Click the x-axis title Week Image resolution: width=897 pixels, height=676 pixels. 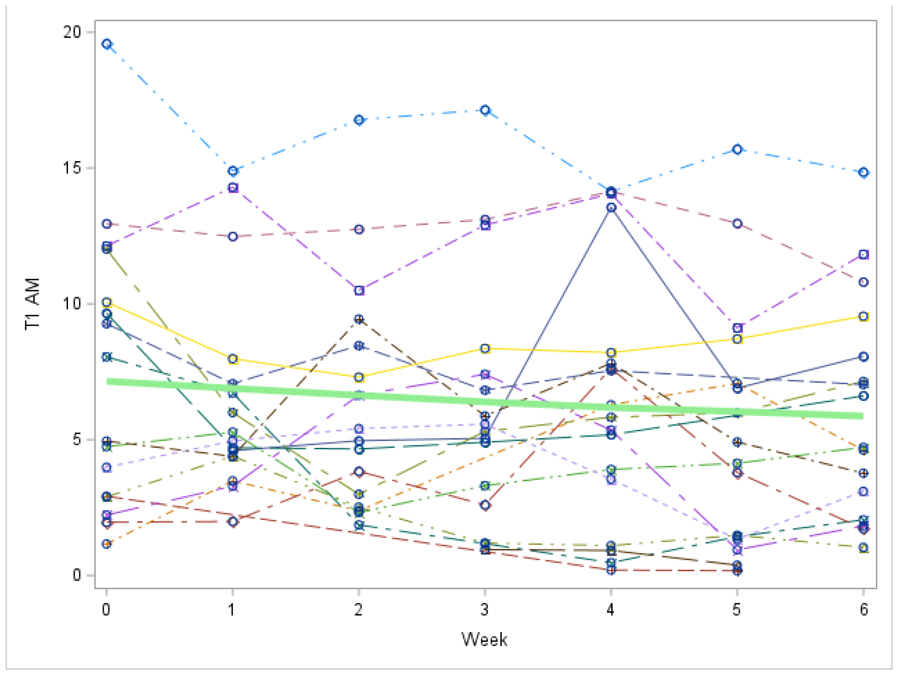click(484, 639)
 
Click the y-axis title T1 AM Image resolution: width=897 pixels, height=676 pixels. click(32, 304)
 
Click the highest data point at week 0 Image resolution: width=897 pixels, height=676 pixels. click(107, 44)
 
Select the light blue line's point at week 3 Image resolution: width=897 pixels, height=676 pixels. click(485, 110)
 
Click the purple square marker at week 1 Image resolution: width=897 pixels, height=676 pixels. click(233, 188)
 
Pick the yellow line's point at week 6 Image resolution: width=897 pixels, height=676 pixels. click(864, 317)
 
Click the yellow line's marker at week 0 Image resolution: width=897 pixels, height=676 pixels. click(107, 302)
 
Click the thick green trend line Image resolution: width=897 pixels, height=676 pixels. click(484, 402)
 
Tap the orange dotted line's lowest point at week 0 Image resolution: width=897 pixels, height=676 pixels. click(107, 544)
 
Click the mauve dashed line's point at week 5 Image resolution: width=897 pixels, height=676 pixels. click(738, 224)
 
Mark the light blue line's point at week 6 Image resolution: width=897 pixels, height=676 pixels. click(864, 173)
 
